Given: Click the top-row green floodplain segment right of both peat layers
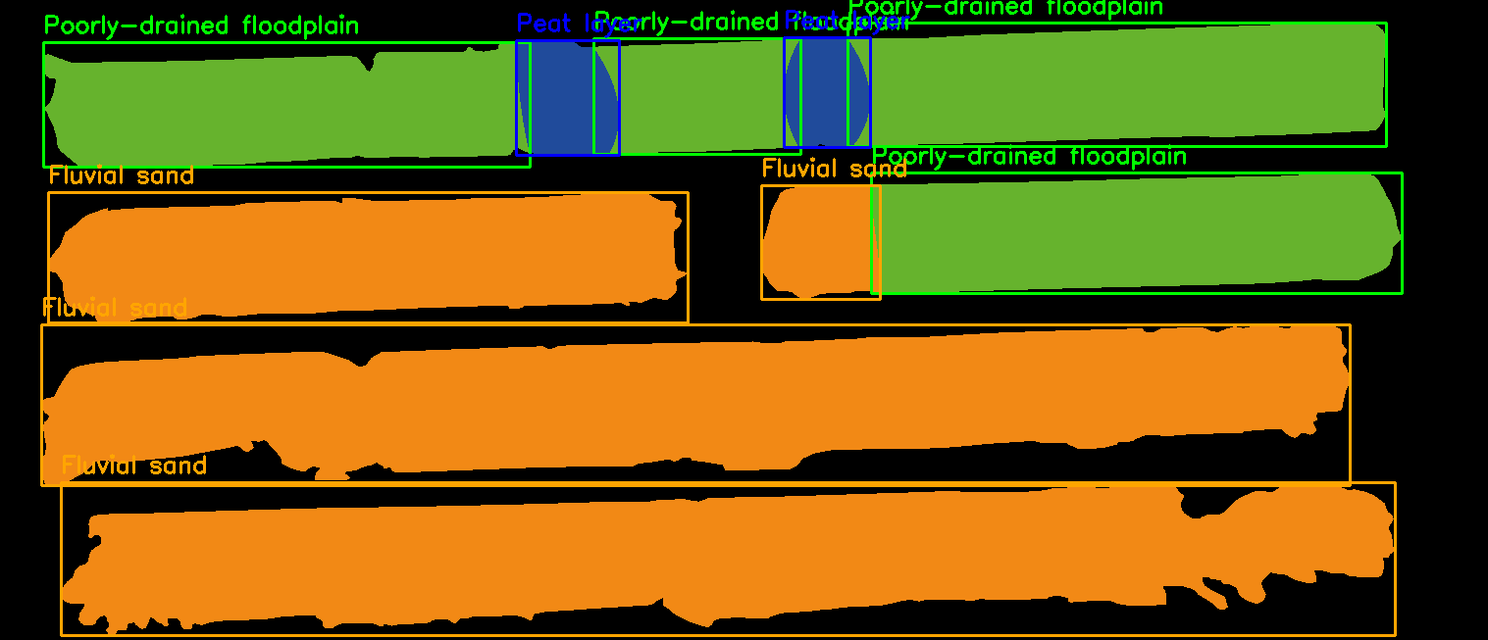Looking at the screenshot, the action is (x=1128, y=83).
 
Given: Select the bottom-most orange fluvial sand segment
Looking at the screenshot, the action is (x=726, y=559).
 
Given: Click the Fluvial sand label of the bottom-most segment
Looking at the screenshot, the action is (x=134, y=465).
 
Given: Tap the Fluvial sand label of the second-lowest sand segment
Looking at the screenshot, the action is (x=115, y=308).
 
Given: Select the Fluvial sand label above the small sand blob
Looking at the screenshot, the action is (x=834, y=169).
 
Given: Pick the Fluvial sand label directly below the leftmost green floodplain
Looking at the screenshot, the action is (x=122, y=175).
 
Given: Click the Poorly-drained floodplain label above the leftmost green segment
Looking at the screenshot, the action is (x=201, y=25).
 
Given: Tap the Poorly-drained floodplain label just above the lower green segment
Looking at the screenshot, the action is (x=1030, y=156).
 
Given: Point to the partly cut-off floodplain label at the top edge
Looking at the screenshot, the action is (x=1005, y=8).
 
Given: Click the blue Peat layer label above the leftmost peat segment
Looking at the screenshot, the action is (x=554, y=24).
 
